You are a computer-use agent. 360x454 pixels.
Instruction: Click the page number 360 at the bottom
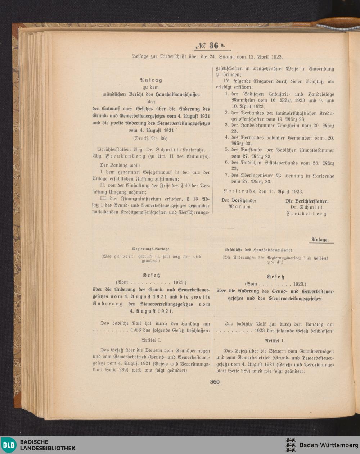click(x=215, y=382)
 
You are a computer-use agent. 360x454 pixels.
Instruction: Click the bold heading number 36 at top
click(x=213, y=45)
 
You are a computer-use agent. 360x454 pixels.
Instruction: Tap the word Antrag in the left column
click(x=151, y=80)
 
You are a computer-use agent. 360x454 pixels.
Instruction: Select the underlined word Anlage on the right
click(x=320, y=239)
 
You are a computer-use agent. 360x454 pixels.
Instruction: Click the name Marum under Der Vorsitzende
click(x=240, y=207)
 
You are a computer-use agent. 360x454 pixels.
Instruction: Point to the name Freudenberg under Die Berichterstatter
click(x=307, y=214)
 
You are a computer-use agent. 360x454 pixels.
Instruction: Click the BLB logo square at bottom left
click(x=9, y=445)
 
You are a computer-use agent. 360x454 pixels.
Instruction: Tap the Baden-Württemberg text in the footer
click(x=329, y=445)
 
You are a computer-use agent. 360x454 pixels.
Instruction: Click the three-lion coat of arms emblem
click(x=290, y=445)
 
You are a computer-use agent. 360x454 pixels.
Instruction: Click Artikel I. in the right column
click(x=275, y=340)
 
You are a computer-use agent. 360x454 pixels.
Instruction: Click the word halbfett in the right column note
click(x=321, y=258)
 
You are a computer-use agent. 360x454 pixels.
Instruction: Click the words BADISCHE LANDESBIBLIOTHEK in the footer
click(x=48, y=445)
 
